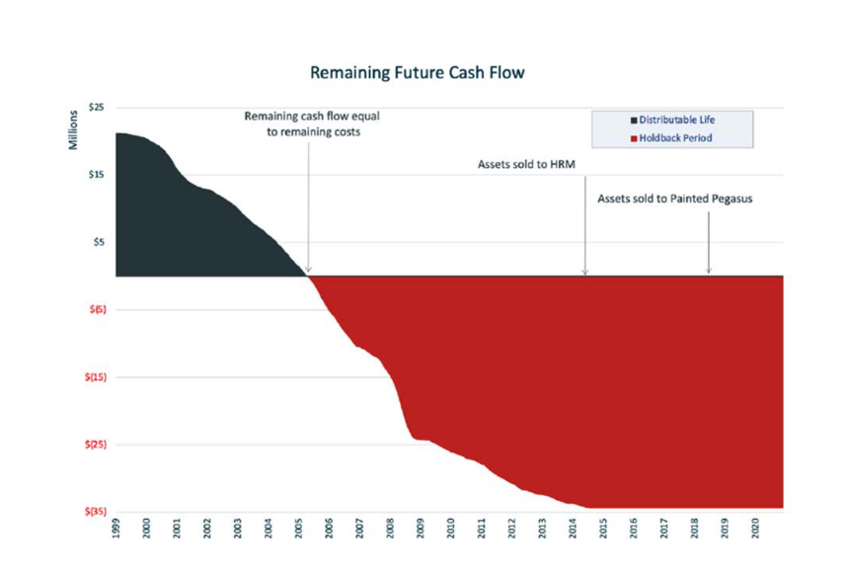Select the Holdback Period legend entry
[676, 138]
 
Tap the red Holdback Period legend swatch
[633, 138]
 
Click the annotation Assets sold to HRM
[525, 166]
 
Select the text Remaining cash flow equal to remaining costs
[312, 124]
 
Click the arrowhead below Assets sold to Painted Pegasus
[709, 272]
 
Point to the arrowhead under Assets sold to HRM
[584, 272]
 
